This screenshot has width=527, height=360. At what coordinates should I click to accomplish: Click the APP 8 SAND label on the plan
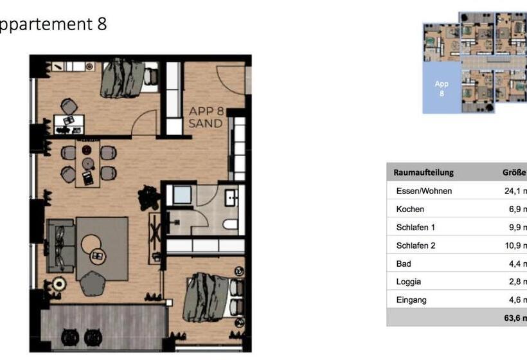[x=206, y=116]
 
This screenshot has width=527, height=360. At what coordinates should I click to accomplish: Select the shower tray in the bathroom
[x=182, y=195]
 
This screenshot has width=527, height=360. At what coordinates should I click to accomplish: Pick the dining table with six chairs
[x=88, y=163]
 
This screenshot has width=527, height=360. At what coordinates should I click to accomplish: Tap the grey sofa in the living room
[x=62, y=244]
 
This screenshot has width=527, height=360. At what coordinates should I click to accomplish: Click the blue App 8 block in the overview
[x=442, y=88]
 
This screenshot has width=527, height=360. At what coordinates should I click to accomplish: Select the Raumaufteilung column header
[x=424, y=172]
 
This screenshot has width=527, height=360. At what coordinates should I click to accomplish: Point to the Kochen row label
[x=410, y=209]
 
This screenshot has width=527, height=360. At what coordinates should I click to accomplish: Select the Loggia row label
[x=409, y=282]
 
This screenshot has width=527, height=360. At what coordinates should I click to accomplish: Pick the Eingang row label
[x=411, y=300]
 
